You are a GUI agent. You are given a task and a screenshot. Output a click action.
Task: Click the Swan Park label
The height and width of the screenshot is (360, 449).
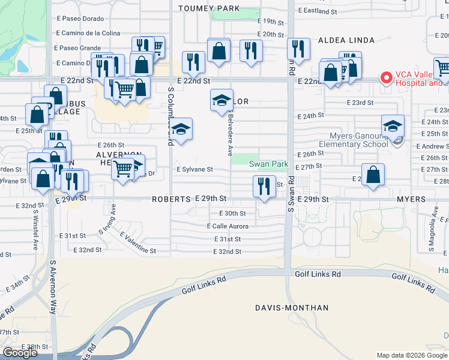pyautogui.click(x=268, y=164)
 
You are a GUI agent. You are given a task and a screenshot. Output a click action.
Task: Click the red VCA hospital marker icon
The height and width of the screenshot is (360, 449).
pyautogui.click(x=386, y=78)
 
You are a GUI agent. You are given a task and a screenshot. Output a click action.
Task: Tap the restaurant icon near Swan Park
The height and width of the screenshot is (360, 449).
pyautogui.click(x=264, y=186)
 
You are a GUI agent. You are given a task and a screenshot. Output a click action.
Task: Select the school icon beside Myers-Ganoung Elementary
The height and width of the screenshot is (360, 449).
pyautogui.click(x=393, y=126)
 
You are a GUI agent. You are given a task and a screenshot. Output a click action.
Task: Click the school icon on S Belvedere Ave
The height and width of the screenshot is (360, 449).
pyautogui.click(x=221, y=100)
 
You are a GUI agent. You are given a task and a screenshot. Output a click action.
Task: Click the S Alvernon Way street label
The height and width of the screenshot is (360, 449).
pyautogui.click(x=53, y=287)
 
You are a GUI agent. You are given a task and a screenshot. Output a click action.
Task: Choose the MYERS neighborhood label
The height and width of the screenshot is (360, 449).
pyautogui.click(x=411, y=199)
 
